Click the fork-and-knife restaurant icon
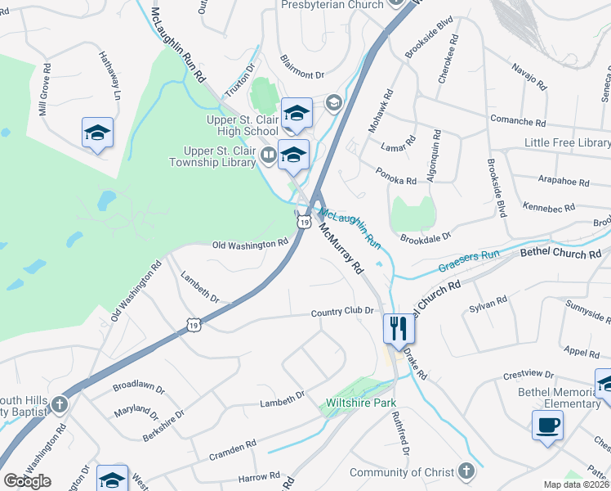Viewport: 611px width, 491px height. click(399, 329)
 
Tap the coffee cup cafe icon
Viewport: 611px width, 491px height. click(547, 426)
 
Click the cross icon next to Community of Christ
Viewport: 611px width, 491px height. click(466, 472)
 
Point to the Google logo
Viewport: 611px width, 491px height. click(27, 481)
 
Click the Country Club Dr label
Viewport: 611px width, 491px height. click(341, 311)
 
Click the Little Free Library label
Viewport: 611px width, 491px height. click(567, 143)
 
